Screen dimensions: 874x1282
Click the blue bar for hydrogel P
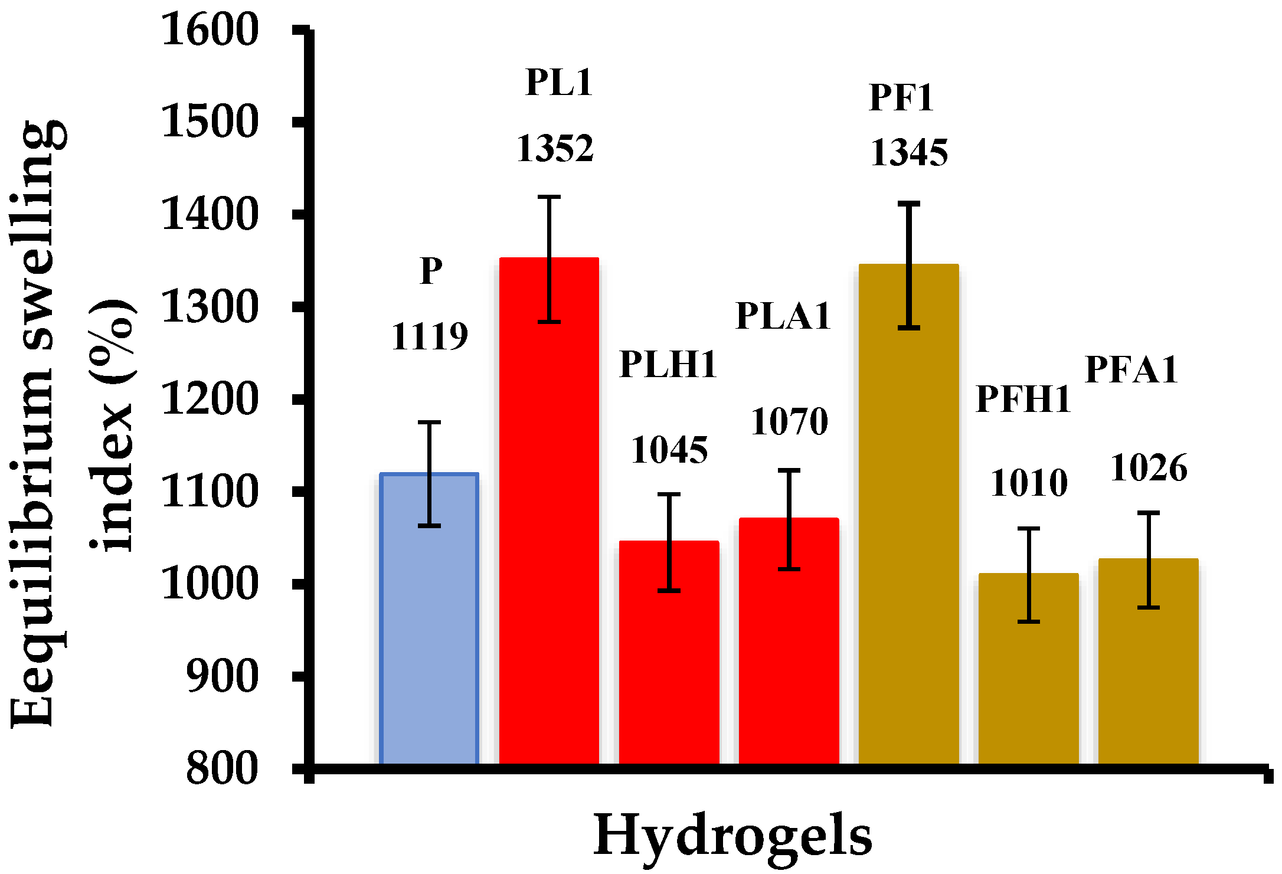pos(429,620)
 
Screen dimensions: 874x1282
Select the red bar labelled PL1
pos(550,513)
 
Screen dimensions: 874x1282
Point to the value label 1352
pos(555,148)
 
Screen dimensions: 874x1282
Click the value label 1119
pos(429,337)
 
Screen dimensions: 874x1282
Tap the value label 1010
pos(1029,483)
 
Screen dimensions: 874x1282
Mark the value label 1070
pos(789,421)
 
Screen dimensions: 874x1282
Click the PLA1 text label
pos(783,315)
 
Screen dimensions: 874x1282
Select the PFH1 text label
pos(1023,399)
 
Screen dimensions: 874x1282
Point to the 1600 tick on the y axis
pos(210,30)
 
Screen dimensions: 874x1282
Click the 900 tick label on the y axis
pos(221,676)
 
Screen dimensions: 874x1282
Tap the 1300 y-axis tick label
pos(210,307)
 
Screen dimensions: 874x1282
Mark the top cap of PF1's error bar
pos(909,204)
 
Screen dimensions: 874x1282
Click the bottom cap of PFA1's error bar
pos(1149,607)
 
